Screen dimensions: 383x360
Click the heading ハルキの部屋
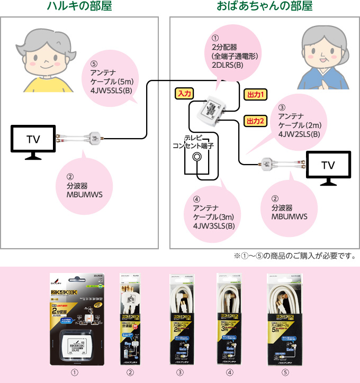[79, 7]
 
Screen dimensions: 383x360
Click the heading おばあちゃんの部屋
[264, 7]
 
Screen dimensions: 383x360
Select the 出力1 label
[255, 95]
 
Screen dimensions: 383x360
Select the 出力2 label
[255, 121]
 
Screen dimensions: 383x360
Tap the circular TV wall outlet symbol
[197, 157]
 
